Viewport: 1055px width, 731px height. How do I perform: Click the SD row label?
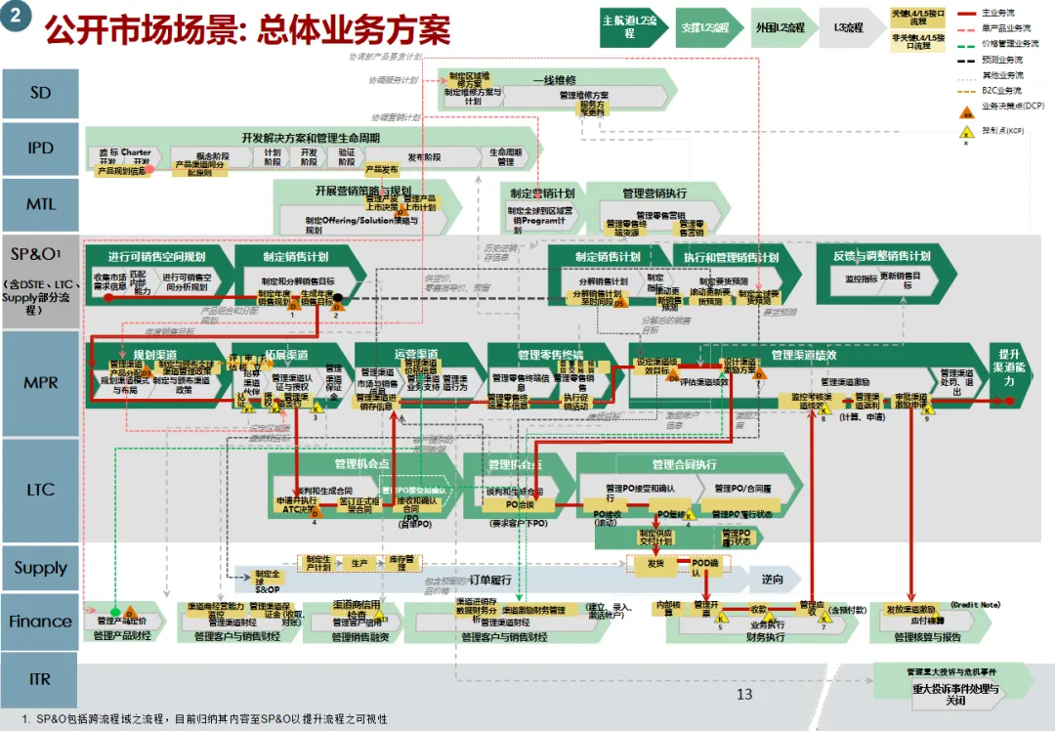coord(40,94)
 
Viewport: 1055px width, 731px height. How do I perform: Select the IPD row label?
coord(40,149)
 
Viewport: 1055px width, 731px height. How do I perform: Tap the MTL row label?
coord(40,204)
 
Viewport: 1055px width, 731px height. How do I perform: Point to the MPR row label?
coord(40,383)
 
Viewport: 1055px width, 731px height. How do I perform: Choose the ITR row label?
coord(40,678)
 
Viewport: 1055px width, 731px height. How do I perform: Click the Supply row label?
coord(40,568)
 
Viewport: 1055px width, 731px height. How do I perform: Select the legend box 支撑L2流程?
coord(705,27)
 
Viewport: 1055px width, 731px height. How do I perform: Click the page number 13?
coord(744,694)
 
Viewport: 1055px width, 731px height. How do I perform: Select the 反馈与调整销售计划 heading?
coord(881,256)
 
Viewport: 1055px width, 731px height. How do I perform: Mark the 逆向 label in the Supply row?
coord(773,579)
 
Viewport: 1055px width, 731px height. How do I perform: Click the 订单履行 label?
coord(490,579)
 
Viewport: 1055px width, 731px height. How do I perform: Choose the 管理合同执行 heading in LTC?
coord(683,464)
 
